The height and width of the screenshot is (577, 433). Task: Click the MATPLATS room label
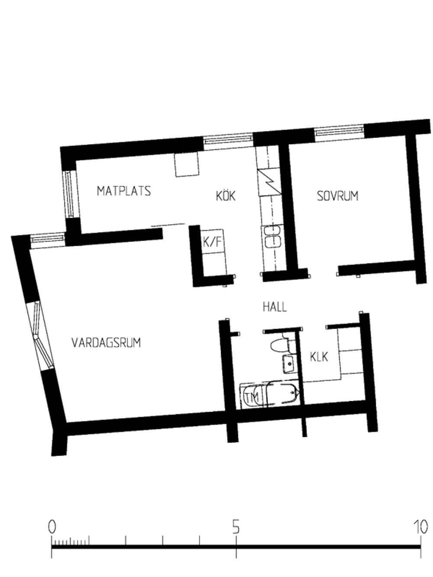click(124, 191)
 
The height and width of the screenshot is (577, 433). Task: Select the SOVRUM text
click(338, 196)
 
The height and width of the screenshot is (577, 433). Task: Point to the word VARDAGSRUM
click(106, 342)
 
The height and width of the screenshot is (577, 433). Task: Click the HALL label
click(275, 307)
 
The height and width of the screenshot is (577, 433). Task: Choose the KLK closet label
click(319, 357)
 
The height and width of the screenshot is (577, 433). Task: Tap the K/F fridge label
click(212, 242)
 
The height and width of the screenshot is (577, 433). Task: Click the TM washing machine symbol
click(252, 397)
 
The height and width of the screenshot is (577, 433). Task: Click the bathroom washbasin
click(289, 364)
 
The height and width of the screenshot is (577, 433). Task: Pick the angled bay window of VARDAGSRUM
click(41, 336)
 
